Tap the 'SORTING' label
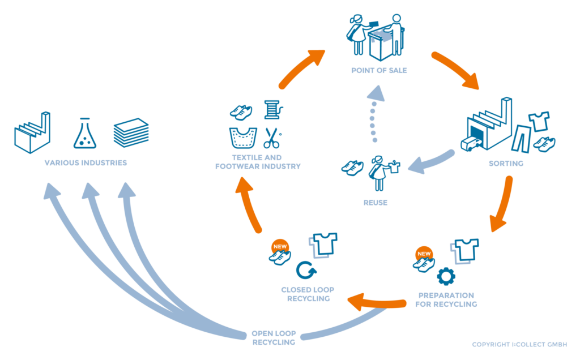point(506,164)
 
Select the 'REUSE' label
point(376,202)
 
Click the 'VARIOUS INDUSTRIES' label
point(86,164)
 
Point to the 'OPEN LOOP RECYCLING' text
point(274,338)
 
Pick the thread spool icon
point(273,109)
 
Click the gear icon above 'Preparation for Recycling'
point(446,276)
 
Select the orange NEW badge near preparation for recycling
point(424,254)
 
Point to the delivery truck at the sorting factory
point(471,144)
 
